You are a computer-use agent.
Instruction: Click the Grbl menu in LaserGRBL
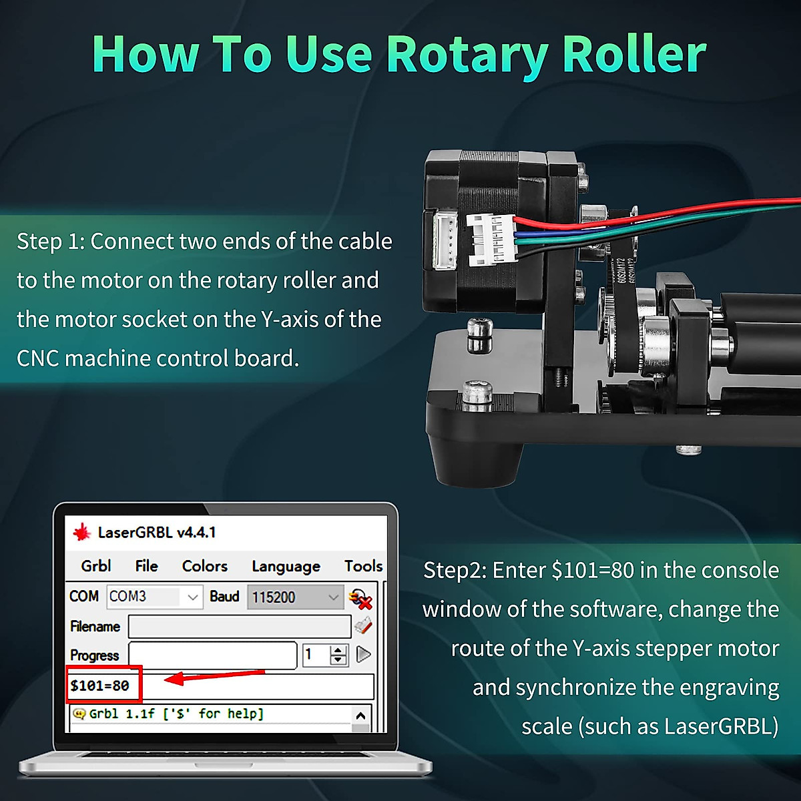pyautogui.click(x=95, y=566)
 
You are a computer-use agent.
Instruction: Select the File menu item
pyautogui.click(x=146, y=566)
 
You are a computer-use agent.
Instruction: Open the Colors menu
pyautogui.click(x=204, y=566)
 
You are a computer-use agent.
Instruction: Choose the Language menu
pyautogui.click(x=286, y=567)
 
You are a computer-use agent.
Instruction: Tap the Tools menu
pyautogui.click(x=363, y=566)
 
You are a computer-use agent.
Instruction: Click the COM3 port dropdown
pyautogui.click(x=154, y=596)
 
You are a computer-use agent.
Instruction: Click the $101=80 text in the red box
pyautogui.click(x=99, y=686)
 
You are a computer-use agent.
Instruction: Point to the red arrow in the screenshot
pyautogui.click(x=214, y=677)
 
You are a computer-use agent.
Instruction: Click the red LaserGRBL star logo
pyautogui.click(x=82, y=532)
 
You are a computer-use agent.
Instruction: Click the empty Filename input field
pyautogui.click(x=239, y=626)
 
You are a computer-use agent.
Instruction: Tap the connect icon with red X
pyautogui.click(x=360, y=598)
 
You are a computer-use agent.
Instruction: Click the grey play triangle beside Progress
pyautogui.click(x=364, y=654)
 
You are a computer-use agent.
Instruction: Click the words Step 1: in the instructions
pyautogui.click(x=51, y=242)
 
